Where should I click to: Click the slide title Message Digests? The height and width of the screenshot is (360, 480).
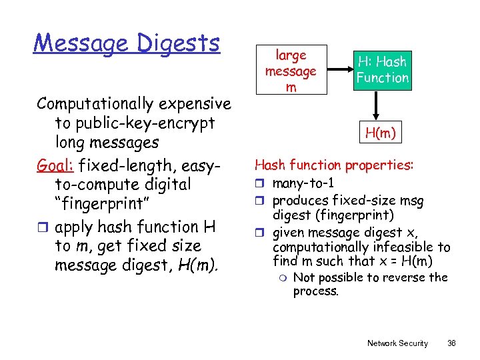pos(127,43)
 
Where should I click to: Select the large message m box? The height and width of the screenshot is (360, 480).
pos(290,71)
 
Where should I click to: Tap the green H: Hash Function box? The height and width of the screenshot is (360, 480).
pos(382,70)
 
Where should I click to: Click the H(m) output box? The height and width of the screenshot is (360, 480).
pos(381,133)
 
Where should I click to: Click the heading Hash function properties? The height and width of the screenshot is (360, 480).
pos(334,165)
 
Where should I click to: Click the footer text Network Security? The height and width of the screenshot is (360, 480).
pos(397,343)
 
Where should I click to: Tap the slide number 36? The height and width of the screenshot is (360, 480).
pos(451,343)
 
